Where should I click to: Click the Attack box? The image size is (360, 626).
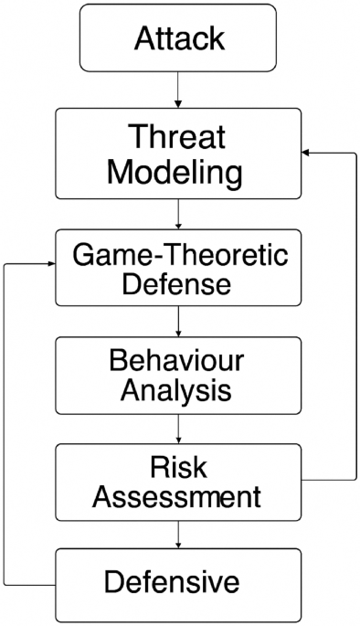(x=178, y=38)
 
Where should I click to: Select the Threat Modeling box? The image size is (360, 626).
(x=178, y=154)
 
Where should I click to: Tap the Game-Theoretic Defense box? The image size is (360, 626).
(x=178, y=268)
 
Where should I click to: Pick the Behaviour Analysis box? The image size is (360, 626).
(x=178, y=375)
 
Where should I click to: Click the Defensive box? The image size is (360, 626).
(x=178, y=583)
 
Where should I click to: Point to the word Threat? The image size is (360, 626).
(x=178, y=137)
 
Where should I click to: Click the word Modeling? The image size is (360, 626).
(x=178, y=172)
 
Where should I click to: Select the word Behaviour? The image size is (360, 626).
(x=178, y=359)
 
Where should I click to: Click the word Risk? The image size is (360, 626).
(x=178, y=466)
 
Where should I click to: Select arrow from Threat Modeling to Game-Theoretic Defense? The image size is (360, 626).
(x=178, y=215)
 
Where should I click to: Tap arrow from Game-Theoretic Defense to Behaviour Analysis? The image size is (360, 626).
(x=178, y=320)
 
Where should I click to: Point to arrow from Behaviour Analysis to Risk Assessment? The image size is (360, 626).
(x=178, y=427)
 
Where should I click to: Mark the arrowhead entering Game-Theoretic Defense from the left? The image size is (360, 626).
(x=48, y=262)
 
